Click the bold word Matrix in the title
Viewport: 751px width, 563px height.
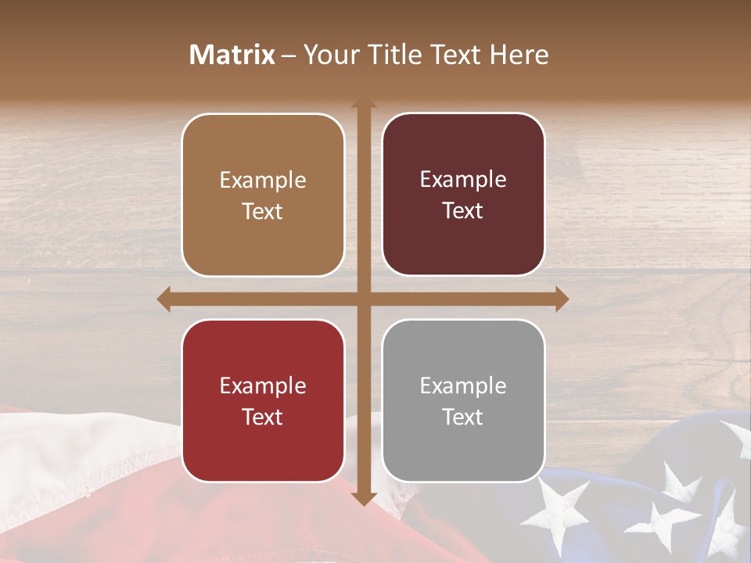point(232,55)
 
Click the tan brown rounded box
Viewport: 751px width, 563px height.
point(263,195)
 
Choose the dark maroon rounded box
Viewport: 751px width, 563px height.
point(463,194)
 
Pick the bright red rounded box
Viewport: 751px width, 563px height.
point(263,400)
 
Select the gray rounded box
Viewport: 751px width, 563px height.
point(463,400)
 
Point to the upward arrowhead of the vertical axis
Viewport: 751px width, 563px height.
point(364,102)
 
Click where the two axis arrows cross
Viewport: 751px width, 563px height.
point(364,299)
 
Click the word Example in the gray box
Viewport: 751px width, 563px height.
point(463,385)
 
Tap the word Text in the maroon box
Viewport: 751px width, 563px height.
point(463,210)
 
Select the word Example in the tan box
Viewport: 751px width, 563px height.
point(263,180)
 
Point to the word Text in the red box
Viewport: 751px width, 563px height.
point(263,417)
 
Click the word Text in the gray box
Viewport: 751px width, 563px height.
point(463,417)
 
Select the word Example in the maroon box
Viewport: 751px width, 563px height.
point(463,179)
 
